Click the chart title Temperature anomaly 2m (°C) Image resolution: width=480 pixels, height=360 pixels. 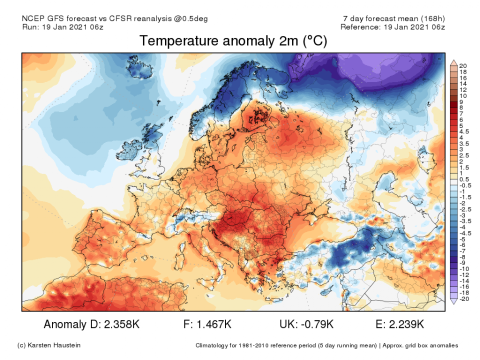click(233, 41)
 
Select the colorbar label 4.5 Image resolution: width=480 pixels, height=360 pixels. click(463, 132)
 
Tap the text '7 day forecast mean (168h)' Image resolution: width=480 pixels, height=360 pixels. click(393, 19)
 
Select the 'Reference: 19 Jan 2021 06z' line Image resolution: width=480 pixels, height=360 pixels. click(392, 27)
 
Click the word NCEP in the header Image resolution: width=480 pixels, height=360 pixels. click(33, 19)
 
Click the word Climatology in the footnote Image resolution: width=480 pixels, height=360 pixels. click(214, 345)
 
